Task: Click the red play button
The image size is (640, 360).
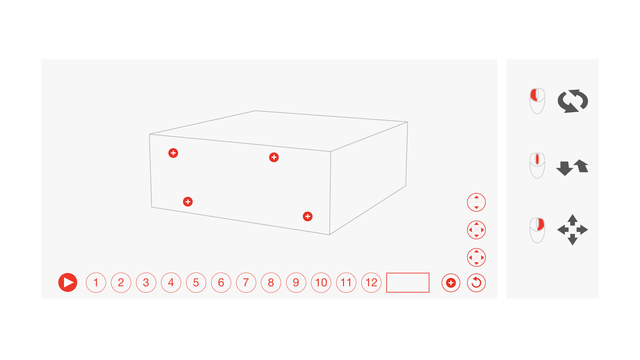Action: pyautogui.click(x=68, y=283)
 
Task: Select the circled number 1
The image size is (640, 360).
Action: pyautogui.click(x=96, y=283)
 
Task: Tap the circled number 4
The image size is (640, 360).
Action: pyautogui.click(x=171, y=283)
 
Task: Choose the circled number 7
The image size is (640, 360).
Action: pyautogui.click(x=246, y=283)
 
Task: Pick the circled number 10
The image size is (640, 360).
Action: pyautogui.click(x=321, y=283)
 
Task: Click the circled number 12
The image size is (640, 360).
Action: pyautogui.click(x=371, y=283)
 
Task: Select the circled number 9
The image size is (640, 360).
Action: pyautogui.click(x=296, y=283)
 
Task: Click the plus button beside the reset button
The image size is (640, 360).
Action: pyautogui.click(x=451, y=283)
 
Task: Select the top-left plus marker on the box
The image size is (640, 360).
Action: pyautogui.click(x=173, y=153)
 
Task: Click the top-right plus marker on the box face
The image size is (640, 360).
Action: pyautogui.click(x=274, y=157)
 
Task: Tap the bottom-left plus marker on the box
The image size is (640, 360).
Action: pyautogui.click(x=188, y=202)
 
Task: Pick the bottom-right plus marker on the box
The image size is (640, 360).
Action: pyautogui.click(x=308, y=216)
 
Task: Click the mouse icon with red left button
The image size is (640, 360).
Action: pyautogui.click(x=537, y=101)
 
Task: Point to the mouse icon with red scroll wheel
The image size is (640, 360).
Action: pyautogui.click(x=537, y=166)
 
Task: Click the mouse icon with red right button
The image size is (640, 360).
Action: pyautogui.click(x=537, y=230)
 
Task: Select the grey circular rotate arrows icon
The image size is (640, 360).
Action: pyautogui.click(x=573, y=101)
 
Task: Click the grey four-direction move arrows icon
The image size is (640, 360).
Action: pyautogui.click(x=573, y=230)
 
